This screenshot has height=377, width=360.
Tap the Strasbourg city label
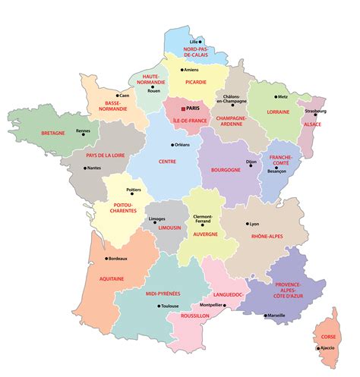click(x=315, y=112)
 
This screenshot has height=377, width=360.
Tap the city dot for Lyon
click(x=248, y=224)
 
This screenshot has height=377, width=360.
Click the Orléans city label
click(x=182, y=145)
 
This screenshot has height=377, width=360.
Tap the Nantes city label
click(x=93, y=168)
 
